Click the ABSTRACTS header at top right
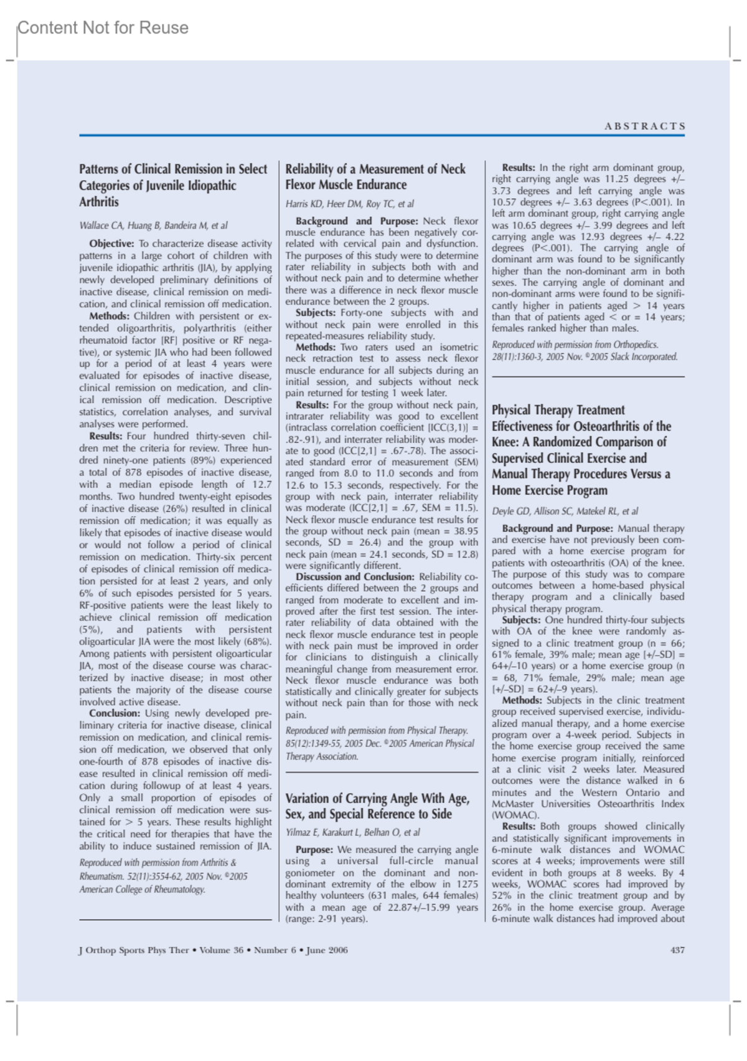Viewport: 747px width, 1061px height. click(x=644, y=126)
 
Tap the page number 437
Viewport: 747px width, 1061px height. click(x=677, y=950)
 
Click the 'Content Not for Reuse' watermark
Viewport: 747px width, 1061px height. click(x=103, y=28)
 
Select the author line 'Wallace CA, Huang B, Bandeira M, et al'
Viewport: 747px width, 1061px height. click(x=153, y=226)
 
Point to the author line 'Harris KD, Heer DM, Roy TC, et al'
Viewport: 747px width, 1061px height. click(x=349, y=204)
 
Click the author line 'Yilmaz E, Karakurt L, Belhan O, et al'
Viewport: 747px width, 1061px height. click(x=352, y=832)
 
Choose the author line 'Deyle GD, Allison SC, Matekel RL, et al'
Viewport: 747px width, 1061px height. click(x=565, y=511)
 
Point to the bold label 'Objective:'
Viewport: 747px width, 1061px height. click(x=111, y=244)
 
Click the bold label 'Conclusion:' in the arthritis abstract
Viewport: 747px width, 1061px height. click(x=115, y=713)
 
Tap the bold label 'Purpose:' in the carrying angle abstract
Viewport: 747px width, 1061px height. click(x=314, y=850)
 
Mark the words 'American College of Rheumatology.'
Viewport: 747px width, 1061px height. click(x=142, y=889)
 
